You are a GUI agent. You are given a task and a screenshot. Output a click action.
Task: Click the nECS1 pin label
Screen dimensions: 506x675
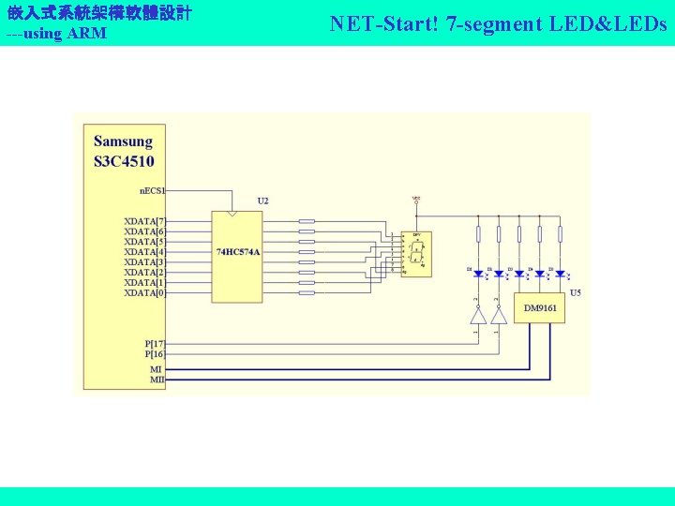tap(152, 190)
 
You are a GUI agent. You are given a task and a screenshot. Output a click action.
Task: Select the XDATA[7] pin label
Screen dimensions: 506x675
tap(144, 221)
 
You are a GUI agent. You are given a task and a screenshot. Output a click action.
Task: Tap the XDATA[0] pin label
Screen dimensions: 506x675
tap(144, 293)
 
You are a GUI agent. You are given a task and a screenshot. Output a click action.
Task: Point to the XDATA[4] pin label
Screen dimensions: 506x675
tap(144, 252)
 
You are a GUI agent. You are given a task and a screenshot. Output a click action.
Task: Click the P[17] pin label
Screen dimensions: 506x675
tap(154, 344)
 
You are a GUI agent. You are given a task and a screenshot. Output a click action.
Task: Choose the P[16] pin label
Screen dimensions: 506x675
tap(154, 354)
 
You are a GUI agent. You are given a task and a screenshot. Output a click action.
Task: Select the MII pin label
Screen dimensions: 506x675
tap(157, 379)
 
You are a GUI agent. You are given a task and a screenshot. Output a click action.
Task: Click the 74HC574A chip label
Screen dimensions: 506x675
tap(237, 252)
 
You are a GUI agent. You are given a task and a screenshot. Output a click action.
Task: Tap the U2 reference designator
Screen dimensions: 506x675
tap(262, 201)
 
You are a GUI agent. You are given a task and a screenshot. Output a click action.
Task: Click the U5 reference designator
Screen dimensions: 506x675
tap(575, 292)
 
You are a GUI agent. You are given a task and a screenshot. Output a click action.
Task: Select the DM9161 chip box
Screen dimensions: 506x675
tap(539, 307)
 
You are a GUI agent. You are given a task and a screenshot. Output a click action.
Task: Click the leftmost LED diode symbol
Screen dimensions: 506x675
tap(478, 274)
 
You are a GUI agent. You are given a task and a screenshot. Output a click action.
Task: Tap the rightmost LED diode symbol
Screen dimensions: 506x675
tap(560, 274)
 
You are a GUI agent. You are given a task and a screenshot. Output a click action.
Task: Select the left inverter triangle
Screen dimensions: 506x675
tap(478, 315)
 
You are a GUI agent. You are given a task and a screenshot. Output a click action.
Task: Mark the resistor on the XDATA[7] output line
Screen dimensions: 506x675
tap(307, 222)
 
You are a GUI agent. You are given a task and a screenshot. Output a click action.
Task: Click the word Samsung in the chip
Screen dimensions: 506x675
tap(123, 141)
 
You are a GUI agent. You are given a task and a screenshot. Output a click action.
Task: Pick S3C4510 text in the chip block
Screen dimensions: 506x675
tap(124, 160)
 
